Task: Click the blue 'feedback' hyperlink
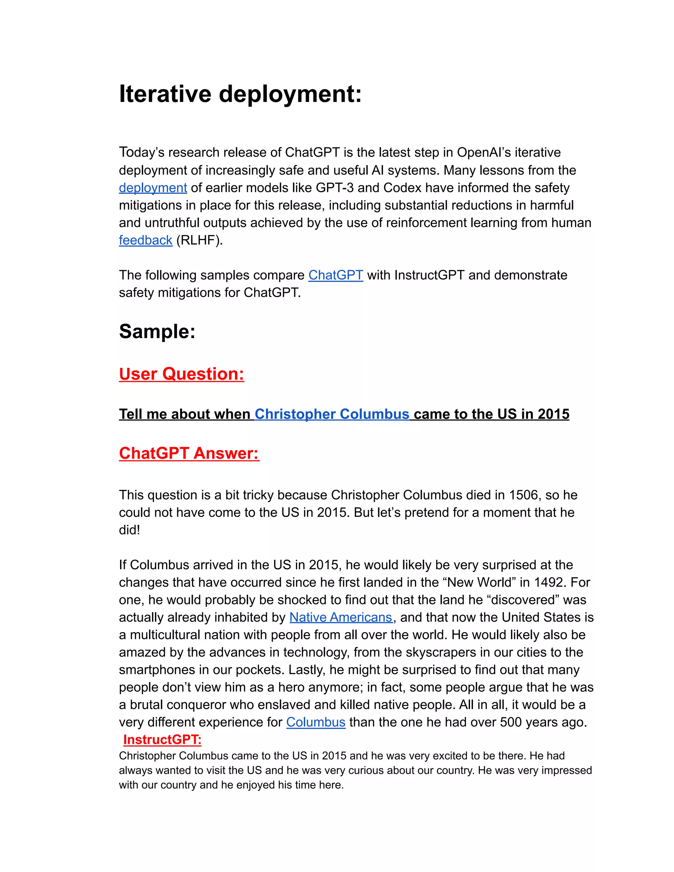tap(145, 240)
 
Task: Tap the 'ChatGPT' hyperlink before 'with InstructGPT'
tap(335, 275)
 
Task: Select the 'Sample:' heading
tap(157, 331)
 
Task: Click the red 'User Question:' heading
tap(181, 374)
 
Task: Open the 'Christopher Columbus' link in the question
tap(332, 414)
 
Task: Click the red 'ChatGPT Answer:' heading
tap(189, 453)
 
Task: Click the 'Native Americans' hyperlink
tap(341, 617)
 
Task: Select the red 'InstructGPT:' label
tap(162, 739)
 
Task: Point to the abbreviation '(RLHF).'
tap(199, 240)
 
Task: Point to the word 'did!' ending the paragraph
tap(129, 530)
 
